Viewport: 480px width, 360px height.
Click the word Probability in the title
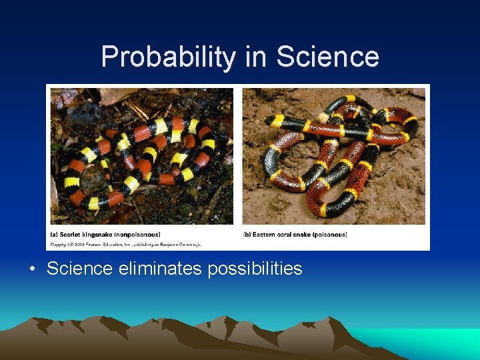pyautogui.click(x=169, y=57)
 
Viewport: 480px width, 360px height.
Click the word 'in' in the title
pyautogui.click(x=256, y=57)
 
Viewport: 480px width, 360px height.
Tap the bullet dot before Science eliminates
pyautogui.click(x=32, y=269)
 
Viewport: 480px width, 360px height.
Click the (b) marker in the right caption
pyautogui.click(x=248, y=234)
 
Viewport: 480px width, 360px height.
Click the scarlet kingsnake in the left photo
pyautogui.click(x=133, y=153)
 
